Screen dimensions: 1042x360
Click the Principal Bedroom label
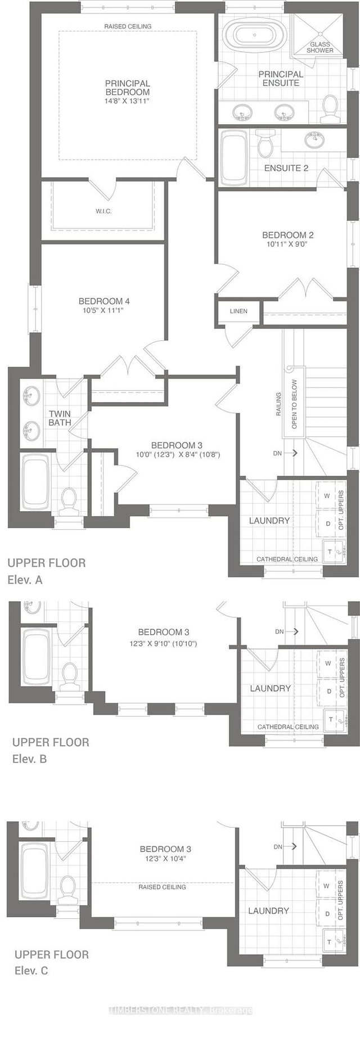coord(127,88)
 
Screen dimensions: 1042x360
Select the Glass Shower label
coord(320,47)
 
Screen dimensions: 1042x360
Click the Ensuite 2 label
coord(286,168)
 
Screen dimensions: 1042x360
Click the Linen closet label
coord(238,311)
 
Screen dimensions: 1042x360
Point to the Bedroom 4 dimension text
coord(104,310)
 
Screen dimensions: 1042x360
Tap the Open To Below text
coord(294,404)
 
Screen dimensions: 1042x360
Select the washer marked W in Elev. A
coord(326,495)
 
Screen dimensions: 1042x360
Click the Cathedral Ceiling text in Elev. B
coord(288,727)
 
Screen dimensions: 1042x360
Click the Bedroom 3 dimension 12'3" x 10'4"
coord(162,859)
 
